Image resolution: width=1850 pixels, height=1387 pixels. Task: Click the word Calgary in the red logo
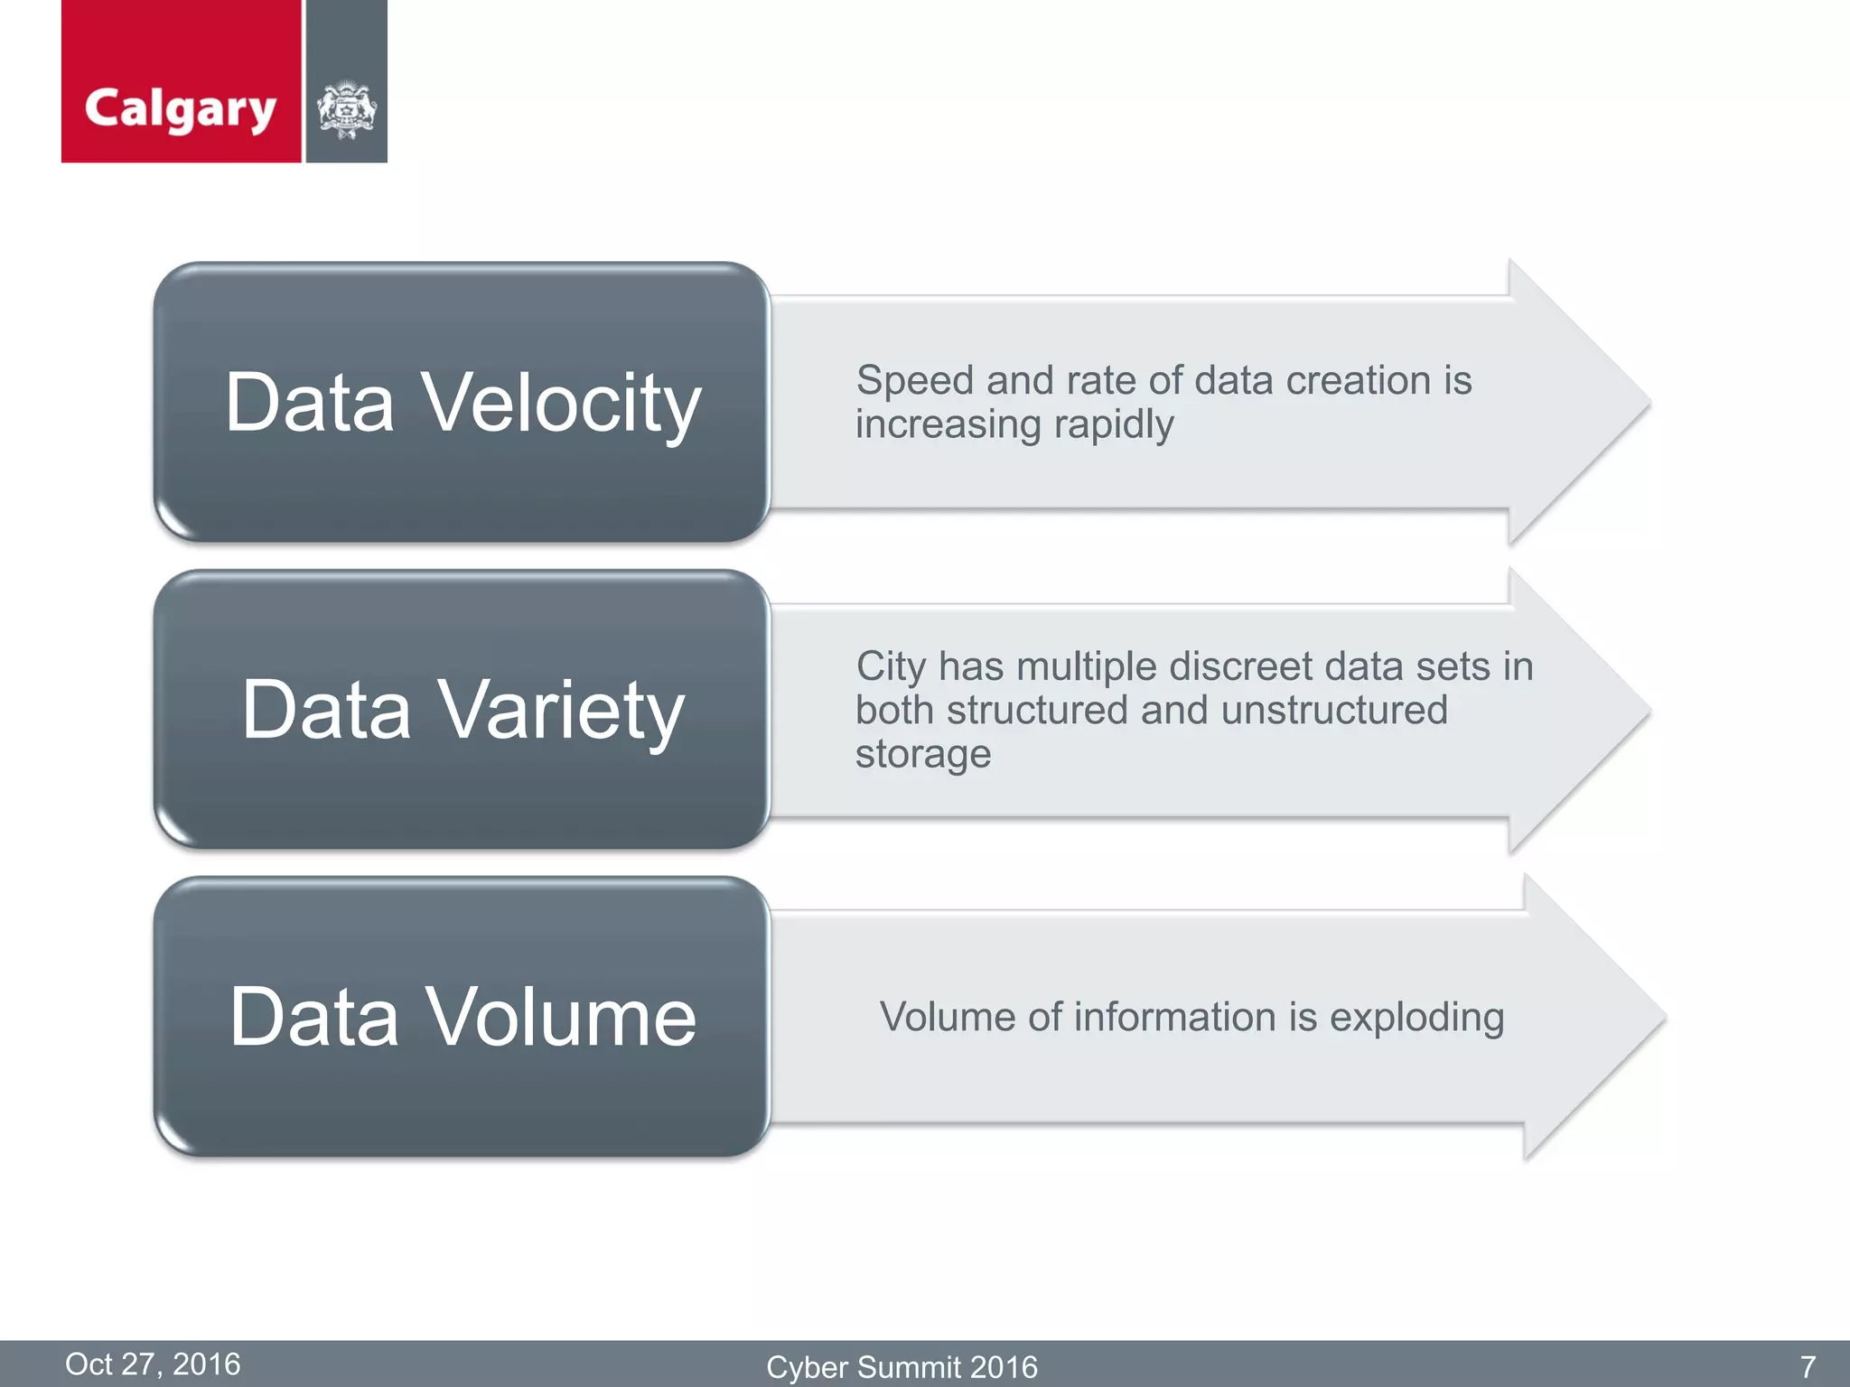180,109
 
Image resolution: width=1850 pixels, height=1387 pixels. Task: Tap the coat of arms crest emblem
346,111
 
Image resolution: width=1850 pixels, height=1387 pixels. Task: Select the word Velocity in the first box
562,404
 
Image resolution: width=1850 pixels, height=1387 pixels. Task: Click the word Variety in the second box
562,712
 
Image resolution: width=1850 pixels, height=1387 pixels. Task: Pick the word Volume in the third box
560,1018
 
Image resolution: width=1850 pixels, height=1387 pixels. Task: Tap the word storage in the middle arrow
922,754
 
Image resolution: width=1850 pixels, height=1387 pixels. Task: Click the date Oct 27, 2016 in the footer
153,1364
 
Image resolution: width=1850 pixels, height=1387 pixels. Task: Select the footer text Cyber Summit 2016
902,1366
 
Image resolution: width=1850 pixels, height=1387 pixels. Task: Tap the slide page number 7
1808,1366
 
